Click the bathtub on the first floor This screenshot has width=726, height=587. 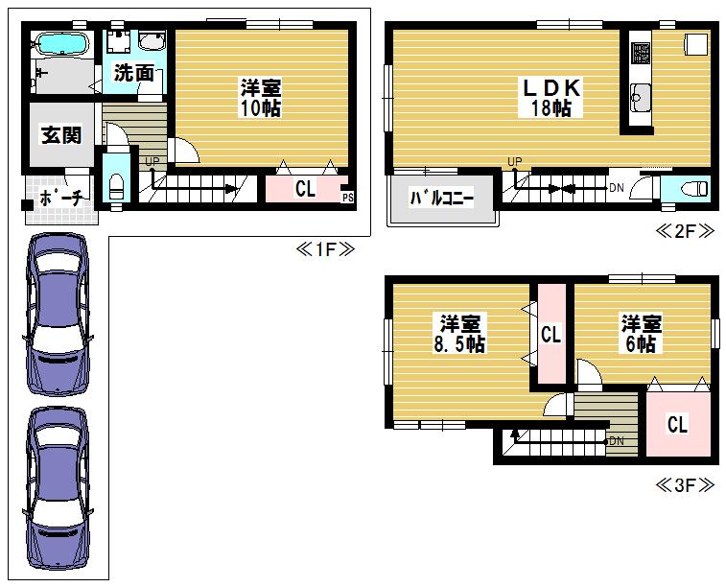61,44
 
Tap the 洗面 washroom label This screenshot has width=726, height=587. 134,73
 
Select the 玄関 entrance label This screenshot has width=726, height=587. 61,134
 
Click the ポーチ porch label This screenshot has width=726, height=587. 61,199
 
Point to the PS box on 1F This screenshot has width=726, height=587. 348,198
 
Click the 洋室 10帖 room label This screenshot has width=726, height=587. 261,98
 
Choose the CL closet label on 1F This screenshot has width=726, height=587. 305,189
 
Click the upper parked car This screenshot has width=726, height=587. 58,314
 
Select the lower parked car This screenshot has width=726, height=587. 58,488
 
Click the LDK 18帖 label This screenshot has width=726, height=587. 550,98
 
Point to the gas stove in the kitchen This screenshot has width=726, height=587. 641,53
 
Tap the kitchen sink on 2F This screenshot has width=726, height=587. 642,98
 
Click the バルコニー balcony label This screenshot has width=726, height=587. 442,199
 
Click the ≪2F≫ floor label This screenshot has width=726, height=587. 686,230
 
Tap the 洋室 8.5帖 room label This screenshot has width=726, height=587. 459,334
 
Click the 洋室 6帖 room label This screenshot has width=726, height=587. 642,334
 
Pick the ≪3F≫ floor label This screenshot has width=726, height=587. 686,485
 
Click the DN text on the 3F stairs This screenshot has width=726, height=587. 617,440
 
